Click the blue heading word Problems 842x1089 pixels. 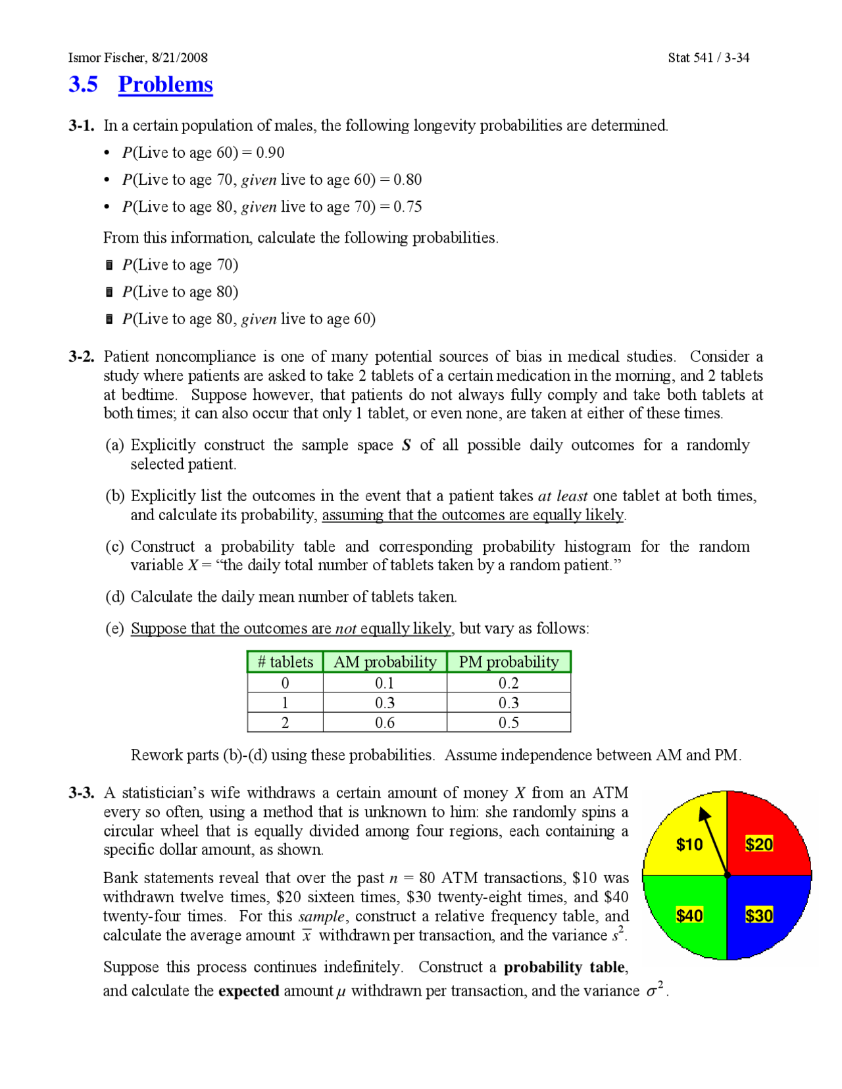pyautogui.click(x=165, y=84)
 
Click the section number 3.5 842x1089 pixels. pyautogui.click(x=83, y=84)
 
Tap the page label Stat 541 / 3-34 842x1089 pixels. pyautogui.click(x=708, y=57)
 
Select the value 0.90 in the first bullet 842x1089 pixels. pyautogui.click(x=270, y=153)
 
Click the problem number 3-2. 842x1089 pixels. pyautogui.click(x=81, y=356)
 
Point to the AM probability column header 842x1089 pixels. pyautogui.click(x=384, y=662)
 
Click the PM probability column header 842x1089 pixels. pyautogui.click(x=508, y=662)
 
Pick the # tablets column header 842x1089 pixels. pyautogui.click(x=285, y=662)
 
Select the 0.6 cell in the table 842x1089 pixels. pyautogui.click(x=384, y=722)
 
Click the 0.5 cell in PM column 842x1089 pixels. pyautogui.click(x=508, y=722)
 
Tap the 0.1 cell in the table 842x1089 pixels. pyautogui.click(x=384, y=683)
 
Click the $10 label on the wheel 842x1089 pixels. pyautogui.click(x=689, y=844)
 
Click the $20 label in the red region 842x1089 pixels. pyautogui.click(x=758, y=844)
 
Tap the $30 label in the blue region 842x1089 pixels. pyautogui.click(x=758, y=915)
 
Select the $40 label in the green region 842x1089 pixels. pyautogui.click(x=689, y=915)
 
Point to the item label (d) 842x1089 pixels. pyautogui.click(x=114, y=596)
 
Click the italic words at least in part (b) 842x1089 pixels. pyautogui.click(x=562, y=496)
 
